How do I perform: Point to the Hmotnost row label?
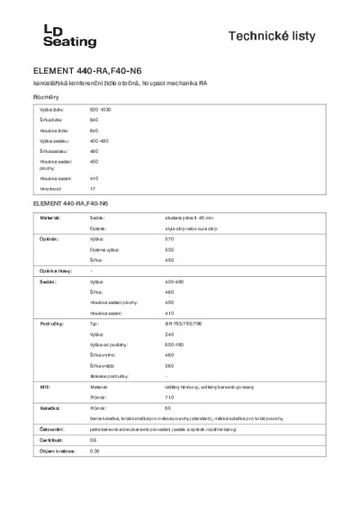[49, 190]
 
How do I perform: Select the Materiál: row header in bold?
[49, 218]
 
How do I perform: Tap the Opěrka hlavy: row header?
[54, 271]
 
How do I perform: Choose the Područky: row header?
[49, 322]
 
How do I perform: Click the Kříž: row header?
[42, 386]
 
